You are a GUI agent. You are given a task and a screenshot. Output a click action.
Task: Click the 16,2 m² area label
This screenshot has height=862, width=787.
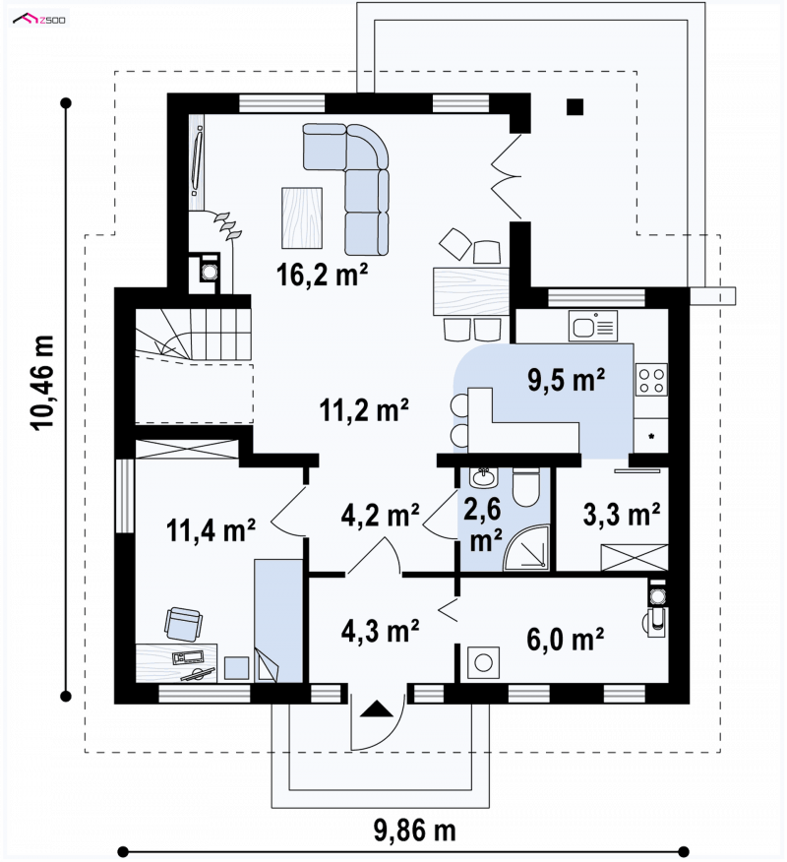pos(322,274)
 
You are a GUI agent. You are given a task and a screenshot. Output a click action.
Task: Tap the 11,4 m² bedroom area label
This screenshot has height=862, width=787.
pos(211,529)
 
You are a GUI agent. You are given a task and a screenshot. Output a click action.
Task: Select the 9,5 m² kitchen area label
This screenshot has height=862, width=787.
pos(566,379)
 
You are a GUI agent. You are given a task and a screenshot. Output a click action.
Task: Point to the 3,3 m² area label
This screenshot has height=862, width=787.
pos(622,514)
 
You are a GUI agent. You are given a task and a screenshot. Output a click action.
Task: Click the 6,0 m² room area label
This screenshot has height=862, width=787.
pos(566,639)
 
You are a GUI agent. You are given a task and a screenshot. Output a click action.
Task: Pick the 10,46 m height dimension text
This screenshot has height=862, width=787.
pos(43,383)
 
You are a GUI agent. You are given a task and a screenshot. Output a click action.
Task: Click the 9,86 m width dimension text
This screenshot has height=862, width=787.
pos(415,830)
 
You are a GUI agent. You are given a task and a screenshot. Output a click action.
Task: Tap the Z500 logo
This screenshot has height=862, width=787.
pos(39,20)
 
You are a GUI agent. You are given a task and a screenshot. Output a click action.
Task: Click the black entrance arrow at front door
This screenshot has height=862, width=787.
pos(377,709)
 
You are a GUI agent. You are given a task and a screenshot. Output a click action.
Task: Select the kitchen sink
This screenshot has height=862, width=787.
pos(593,326)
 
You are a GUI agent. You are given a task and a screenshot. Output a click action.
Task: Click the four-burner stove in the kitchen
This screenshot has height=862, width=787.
pos(652,379)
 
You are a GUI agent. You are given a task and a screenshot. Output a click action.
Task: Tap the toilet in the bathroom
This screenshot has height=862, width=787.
pos(526,486)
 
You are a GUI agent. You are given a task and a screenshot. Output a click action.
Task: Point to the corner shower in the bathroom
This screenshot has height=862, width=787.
pos(527,546)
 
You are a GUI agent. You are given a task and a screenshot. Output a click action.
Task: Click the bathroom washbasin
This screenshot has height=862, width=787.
pos(484,476)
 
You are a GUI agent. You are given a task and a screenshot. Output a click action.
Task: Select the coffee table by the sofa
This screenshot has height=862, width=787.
pos(302,217)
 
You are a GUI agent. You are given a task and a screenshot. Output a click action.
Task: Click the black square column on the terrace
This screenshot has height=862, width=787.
pos(575,106)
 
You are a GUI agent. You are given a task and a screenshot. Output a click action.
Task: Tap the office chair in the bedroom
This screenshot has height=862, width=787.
pos(183,624)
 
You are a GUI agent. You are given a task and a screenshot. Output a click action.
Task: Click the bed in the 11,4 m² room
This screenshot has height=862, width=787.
pos(278,621)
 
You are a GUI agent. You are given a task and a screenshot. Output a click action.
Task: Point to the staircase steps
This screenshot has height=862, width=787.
pos(193,335)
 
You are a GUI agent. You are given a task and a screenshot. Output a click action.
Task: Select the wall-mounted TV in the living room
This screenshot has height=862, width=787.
pos(198,161)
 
